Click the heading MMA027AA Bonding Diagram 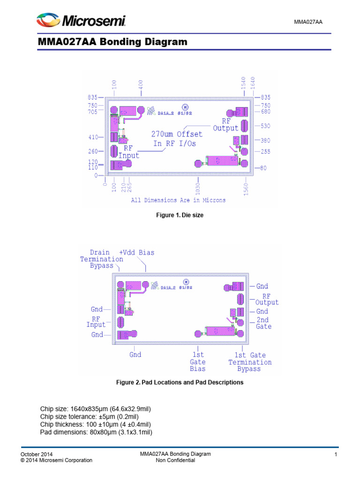coord(112,42)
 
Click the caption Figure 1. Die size coord(180,215)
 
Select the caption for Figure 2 coord(180,382)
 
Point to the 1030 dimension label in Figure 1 coord(198,189)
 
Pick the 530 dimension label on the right coord(265,126)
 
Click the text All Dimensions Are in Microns coord(178,200)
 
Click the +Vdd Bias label coord(136,252)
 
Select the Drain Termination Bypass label coord(102,259)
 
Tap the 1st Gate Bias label coord(198,362)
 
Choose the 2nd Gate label coord(263,323)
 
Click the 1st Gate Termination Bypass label coord(250,362)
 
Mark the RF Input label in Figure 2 coord(96,322)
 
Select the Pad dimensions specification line coord(96,432)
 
